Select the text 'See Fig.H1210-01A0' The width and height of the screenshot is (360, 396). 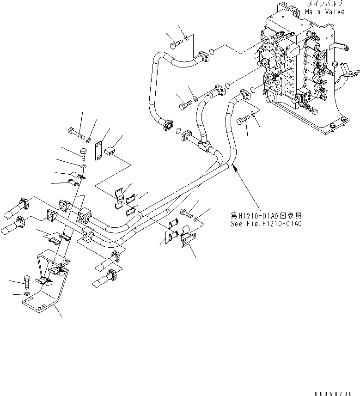click(266, 224)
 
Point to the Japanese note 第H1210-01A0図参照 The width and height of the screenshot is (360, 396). click(266, 215)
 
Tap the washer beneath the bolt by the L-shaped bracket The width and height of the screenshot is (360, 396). click(27, 294)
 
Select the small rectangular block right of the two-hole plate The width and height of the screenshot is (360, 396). click(110, 151)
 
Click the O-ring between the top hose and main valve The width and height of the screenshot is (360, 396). click(211, 51)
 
